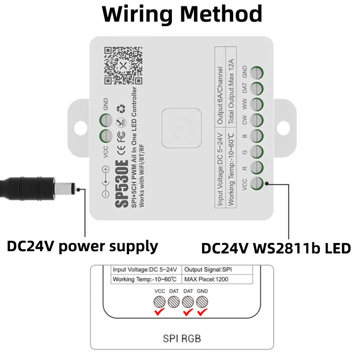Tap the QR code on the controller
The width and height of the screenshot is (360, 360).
point(123,66)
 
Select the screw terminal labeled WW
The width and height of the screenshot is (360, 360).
point(257,104)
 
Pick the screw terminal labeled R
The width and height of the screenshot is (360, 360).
point(257,167)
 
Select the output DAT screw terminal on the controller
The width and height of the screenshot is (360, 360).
point(257,88)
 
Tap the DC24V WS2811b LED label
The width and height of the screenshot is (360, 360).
point(275,248)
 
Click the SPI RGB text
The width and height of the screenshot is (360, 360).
point(182,337)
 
